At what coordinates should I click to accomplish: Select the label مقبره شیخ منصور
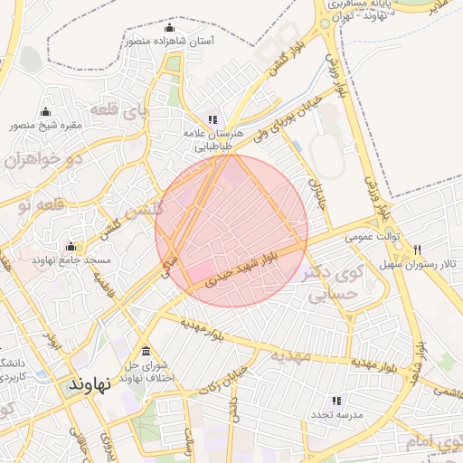[46, 125]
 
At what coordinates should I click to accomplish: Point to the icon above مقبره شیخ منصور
[46, 111]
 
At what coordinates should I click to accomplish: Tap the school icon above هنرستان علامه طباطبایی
[213, 118]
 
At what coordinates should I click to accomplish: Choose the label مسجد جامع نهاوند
[71, 260]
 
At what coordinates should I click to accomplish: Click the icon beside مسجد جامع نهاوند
[71, 247]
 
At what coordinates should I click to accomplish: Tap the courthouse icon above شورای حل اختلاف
[146, 352]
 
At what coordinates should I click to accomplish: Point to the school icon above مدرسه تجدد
[335, 400]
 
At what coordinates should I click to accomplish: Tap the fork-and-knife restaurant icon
[417, 250]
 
